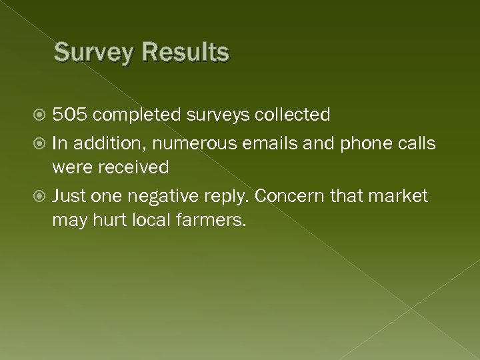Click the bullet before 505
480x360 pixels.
pyautogui.click(x=42, y=116)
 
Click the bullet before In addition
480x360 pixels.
pyautogui.click(x=42, y=143)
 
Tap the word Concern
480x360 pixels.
pyautogui.click(x=289, y=197)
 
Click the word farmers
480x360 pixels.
pyautogui.click(x=211, y=221)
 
